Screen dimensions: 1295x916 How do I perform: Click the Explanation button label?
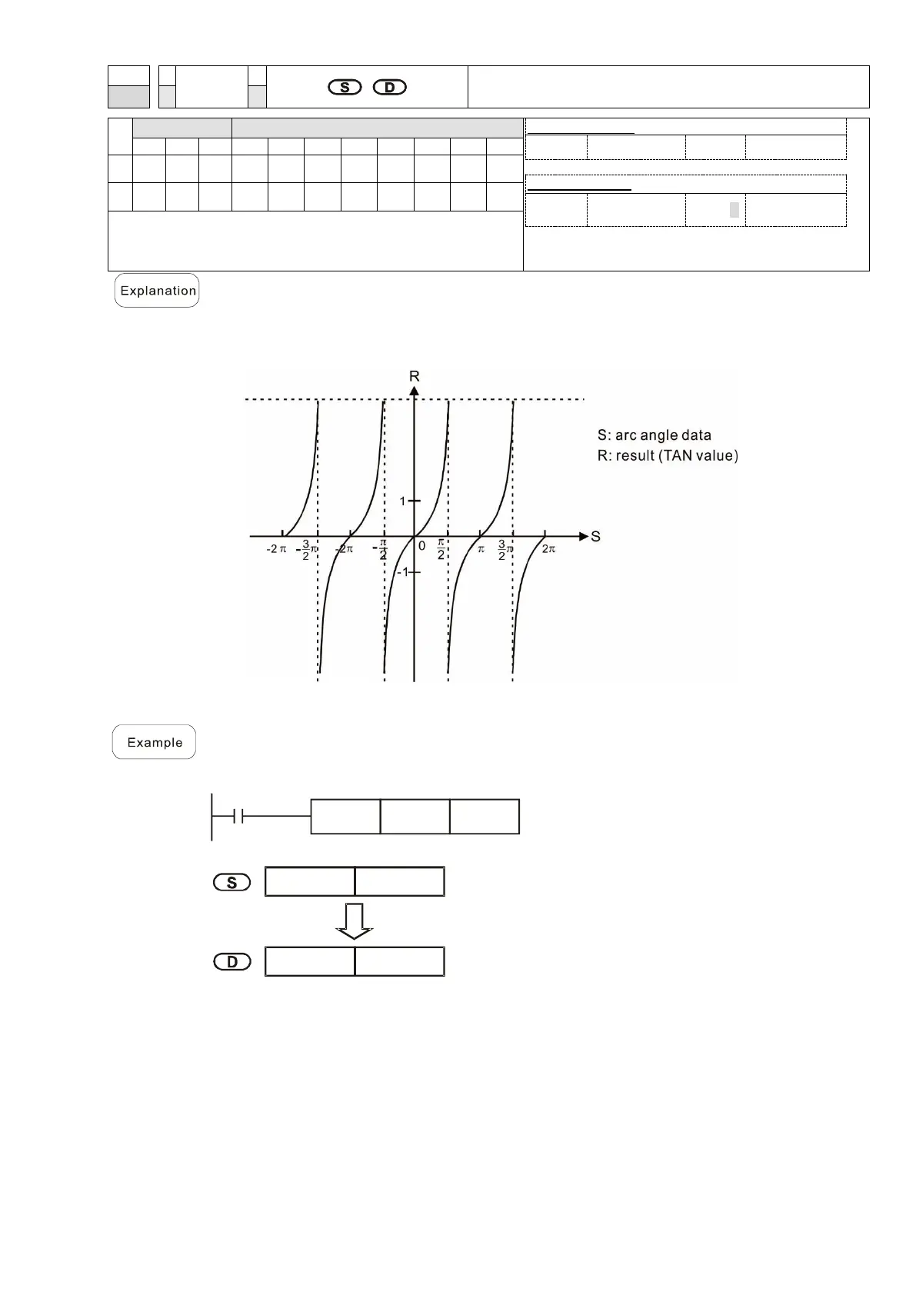157,291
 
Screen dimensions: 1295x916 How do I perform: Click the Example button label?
155,742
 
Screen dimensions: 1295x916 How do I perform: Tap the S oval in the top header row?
345,87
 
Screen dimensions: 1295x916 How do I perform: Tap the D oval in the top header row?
390,87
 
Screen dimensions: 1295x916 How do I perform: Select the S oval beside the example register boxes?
232,882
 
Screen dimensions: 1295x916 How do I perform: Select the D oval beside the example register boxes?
232,962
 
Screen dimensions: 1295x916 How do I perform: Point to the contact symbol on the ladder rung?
239,817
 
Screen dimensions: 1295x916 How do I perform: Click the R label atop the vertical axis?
415,376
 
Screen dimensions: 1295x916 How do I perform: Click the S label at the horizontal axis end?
595,536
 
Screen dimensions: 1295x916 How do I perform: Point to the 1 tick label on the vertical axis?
402,501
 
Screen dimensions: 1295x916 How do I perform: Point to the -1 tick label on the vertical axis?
402,572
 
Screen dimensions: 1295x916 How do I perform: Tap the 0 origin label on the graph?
422,547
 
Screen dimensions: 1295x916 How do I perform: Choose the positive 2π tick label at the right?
548,549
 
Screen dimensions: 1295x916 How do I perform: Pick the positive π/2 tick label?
441,549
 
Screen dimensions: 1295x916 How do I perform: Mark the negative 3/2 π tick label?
308,550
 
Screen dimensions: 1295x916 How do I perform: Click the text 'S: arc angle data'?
654,435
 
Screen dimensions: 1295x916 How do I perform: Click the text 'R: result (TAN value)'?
668,455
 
